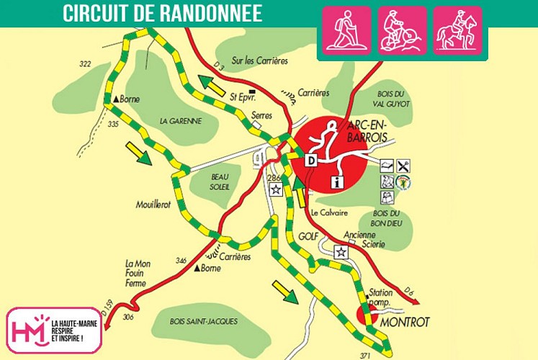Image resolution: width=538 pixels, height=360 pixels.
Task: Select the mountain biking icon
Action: pos(402,30)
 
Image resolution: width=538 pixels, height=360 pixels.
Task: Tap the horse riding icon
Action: pos(457,30)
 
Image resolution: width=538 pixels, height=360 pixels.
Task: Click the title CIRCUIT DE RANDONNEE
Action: pos(162,13)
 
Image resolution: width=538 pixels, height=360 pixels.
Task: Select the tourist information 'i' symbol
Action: pos(336,182)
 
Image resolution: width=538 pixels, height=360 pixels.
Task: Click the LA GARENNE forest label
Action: pos(181,120)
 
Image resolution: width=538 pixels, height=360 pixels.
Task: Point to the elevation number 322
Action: pos(85,65)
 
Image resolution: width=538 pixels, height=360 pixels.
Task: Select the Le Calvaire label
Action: pos(330,214)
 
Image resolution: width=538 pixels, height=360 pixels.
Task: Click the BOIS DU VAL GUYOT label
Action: pos(393,99)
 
